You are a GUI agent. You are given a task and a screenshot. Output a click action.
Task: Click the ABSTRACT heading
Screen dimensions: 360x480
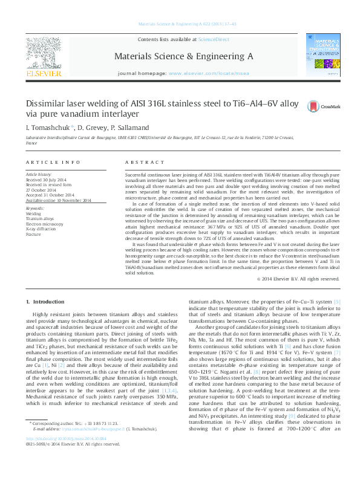coord(141,162)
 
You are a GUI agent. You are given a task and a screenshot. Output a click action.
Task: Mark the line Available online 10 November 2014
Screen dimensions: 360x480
coord(58,200)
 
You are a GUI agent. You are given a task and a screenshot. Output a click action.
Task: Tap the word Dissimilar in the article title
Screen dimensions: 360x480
coord(52,103)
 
